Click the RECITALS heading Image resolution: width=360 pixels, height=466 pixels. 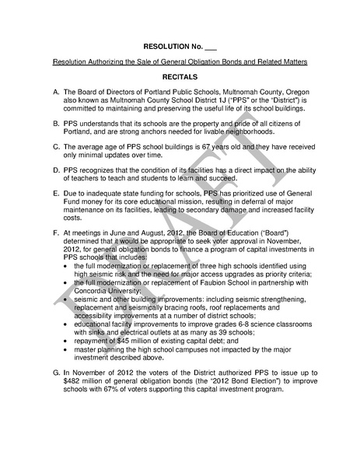coord(180,79)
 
